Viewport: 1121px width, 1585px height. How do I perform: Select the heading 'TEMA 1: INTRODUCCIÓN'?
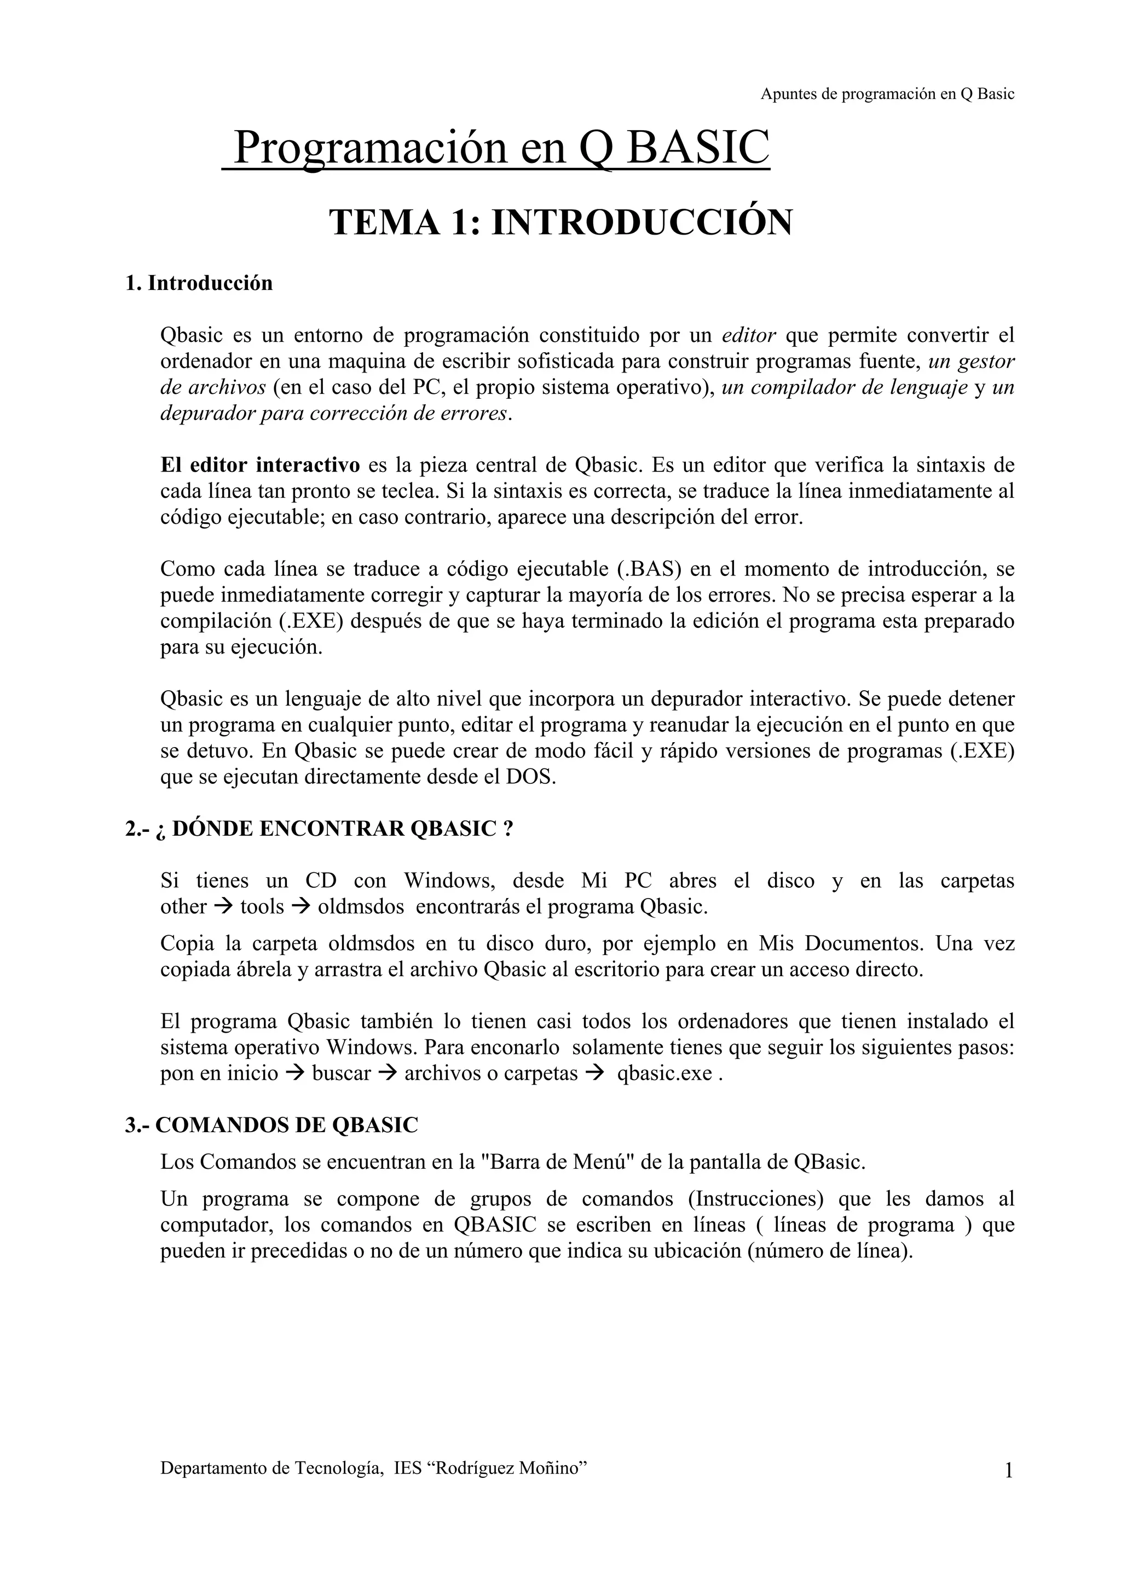coord(561,222)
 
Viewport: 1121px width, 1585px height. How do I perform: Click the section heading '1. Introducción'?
coord(199,283)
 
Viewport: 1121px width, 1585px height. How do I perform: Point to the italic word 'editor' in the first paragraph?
coord(749,335)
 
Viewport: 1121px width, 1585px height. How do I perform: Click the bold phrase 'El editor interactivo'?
coord(261,465)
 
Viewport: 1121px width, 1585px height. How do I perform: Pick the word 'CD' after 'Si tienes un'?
coord(321,881)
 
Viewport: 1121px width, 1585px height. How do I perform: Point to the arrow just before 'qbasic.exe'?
coord(594,1074)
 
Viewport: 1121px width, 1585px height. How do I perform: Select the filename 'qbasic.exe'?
coord(664,1074)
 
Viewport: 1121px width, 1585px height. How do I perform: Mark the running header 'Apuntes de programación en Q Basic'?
coord(887,95)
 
